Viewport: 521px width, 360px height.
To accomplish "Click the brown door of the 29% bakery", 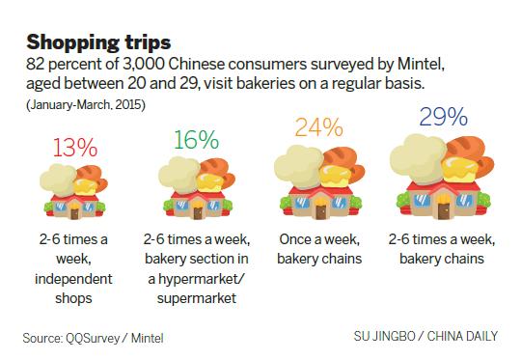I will coord(444,206).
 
